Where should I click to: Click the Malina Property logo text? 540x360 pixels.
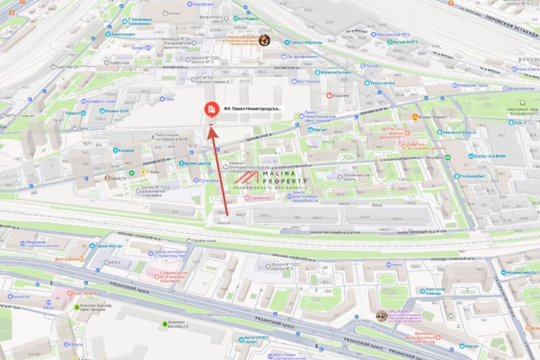click(283, 177)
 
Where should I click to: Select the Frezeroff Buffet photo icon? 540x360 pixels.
click(264, 40)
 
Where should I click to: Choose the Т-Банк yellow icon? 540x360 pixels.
click(144, 172)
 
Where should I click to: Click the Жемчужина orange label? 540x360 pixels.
click(67, 259)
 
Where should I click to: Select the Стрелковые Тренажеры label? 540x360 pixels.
click(139, 22)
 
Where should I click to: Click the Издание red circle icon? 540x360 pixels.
click(329, 95)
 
